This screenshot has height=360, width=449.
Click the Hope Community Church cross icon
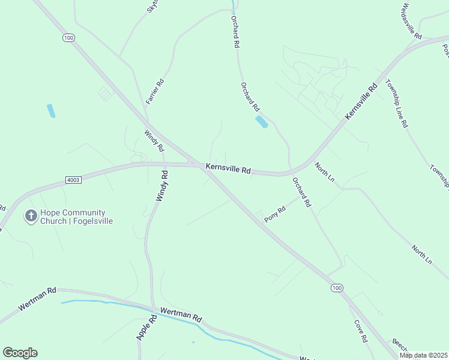pos(31,216)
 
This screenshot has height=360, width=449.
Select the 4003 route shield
pos(73,180)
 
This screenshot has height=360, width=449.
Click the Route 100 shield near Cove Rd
pos(337,289)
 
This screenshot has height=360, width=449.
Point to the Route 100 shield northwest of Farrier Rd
pos(68,38)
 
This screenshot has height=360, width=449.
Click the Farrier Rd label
pos(155,92)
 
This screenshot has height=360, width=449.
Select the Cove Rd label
pos(360,331)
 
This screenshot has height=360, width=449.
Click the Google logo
pos(20,353)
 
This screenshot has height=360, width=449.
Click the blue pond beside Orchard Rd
pos(262,122)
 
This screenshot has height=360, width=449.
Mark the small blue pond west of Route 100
pos(51,110)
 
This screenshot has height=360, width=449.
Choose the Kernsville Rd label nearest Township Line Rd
pos(361,101)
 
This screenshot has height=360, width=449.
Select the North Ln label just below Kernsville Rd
pos(324,172)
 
